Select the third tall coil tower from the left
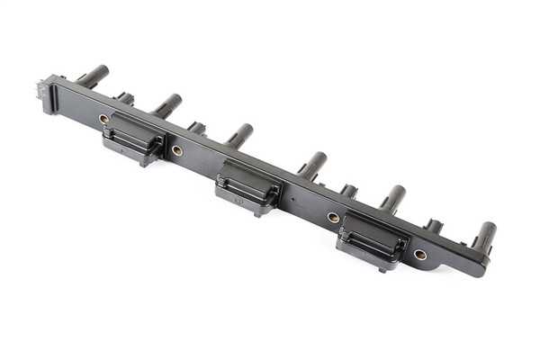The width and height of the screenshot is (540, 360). click(x=239, y=135)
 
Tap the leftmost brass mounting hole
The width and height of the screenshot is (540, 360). click(x=104, y=119)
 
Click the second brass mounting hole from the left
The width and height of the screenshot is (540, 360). click(x=177, y=150)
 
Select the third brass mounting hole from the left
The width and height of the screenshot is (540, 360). click(x=333, y=218)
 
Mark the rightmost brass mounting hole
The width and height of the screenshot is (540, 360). click(x=419, y=255)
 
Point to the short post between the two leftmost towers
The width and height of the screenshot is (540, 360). click(x=124, y=97)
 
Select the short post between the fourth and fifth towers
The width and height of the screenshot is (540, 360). click(x=348, y=191)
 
